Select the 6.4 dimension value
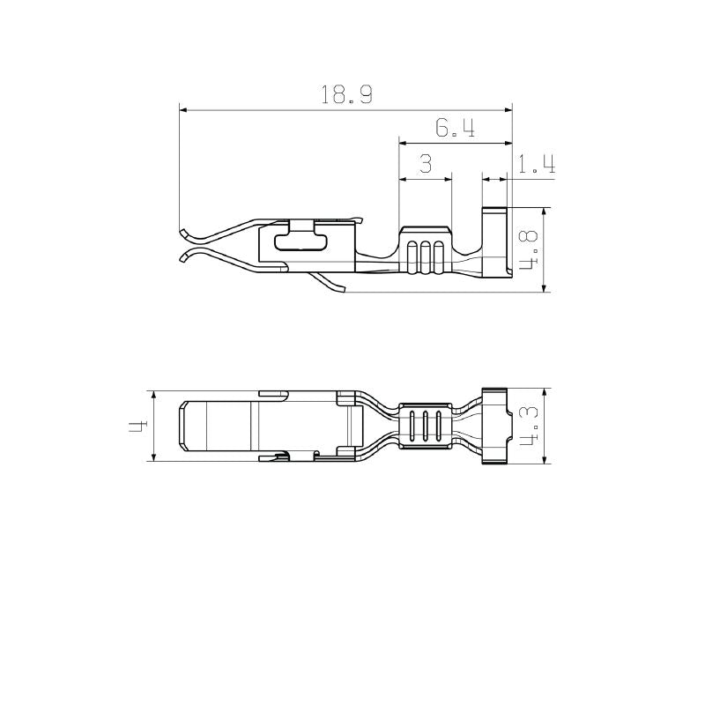coord(455,129)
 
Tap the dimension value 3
coord(425,164)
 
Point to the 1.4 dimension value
coord(535,164)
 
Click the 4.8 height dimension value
coord(528,250)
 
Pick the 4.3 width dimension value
coord(528,426)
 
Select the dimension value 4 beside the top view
coord(137,426)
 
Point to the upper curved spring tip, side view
coord(185,234)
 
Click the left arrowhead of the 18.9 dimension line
coord(183,110)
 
